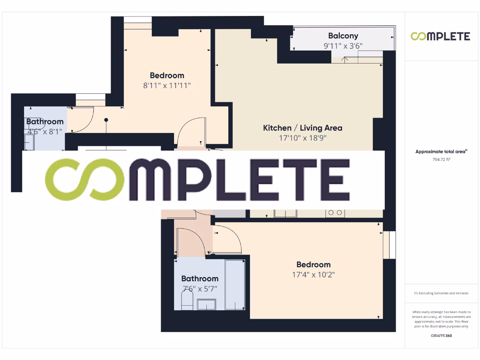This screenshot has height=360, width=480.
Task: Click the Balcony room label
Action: click(343, 36)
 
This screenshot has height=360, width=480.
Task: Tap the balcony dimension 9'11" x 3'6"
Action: click(343, 46)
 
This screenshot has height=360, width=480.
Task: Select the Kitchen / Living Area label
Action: click(302, 127)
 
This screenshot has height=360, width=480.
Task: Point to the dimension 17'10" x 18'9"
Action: click(302, 138)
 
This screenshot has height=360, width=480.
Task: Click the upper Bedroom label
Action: click(167, 75)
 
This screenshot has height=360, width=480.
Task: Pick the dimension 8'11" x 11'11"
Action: click(167, 86)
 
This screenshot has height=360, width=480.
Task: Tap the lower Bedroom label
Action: click(313, 264)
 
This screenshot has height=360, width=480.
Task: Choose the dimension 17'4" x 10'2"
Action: click(313, 275)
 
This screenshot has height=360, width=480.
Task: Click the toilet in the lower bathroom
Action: click(187, 299)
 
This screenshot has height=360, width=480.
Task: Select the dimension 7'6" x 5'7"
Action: click(200, 289)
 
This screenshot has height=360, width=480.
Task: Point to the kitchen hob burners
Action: click(335, 213)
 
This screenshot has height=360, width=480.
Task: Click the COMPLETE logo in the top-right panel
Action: click(440, 36)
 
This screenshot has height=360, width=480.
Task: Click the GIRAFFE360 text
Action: click(441, 336)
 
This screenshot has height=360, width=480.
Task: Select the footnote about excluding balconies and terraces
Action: click(441, 293)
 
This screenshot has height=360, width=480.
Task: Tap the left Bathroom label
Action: click(45, 122)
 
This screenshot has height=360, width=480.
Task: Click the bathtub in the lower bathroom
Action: click(234, 285)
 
